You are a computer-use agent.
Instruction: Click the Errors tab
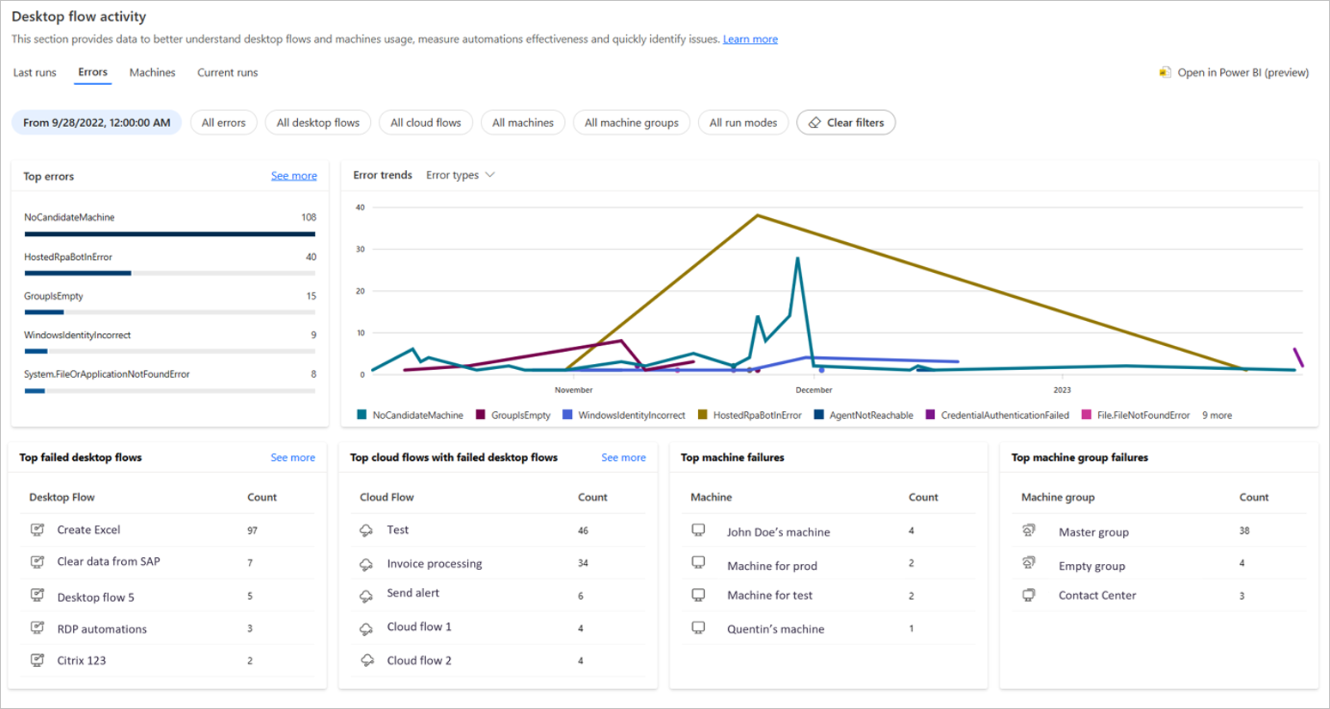coord(93,72)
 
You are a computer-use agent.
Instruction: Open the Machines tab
coord(152,73)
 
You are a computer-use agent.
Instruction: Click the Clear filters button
coord(846,123)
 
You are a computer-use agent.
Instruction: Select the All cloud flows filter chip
coord(425,123)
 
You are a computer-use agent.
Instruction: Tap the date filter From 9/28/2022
coord(96,123)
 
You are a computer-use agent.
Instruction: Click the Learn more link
coord(750,39)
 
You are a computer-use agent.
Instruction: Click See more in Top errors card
coord(294,176)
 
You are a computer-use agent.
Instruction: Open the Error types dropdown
coord(460,175)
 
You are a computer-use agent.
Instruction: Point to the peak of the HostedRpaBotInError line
coord(756,215)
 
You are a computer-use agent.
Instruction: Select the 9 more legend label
coord(1217,415)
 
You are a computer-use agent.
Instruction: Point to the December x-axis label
coord(813,390)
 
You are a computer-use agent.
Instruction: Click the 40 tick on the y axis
coord(361,208)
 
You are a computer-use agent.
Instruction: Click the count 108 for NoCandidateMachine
coord(308,217)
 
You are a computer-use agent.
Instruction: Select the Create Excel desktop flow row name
coord(88,530)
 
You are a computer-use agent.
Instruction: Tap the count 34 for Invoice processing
coord(583,563)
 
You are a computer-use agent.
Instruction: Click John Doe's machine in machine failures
coord(778,532)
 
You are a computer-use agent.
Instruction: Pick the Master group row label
coord(1093,532)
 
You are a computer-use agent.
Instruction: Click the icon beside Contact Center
coord(1029,595)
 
